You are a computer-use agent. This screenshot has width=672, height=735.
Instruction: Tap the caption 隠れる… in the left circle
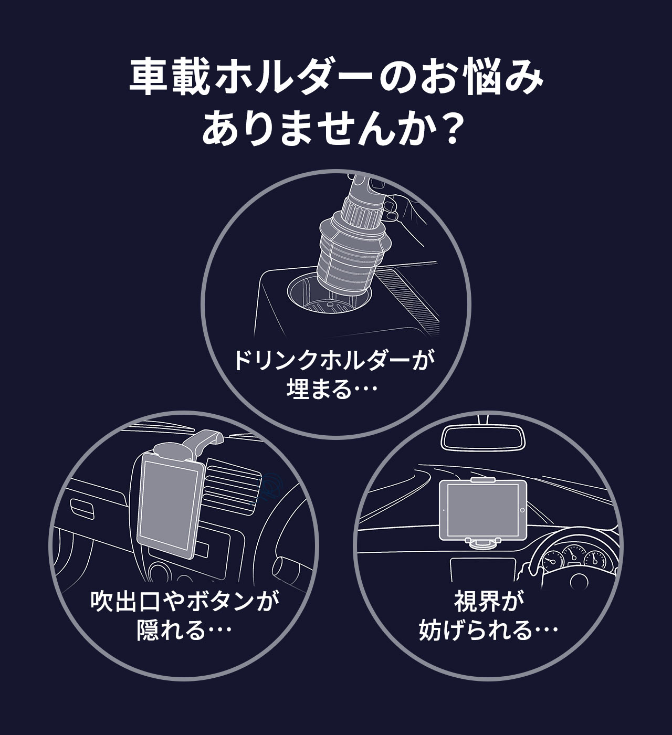(184, 630)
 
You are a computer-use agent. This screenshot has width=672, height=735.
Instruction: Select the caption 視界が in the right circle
(489, 602)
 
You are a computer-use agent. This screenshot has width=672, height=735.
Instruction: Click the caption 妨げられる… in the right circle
(488, 630)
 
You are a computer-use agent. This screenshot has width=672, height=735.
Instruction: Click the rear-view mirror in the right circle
(482, 437)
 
